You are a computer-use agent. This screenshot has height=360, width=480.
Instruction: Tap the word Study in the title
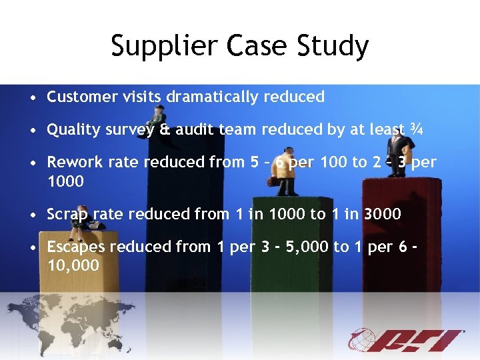pos(335,47)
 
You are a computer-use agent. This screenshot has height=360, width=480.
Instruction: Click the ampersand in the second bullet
pos(165,130)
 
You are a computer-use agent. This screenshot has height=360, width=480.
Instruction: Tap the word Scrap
pos(67,214)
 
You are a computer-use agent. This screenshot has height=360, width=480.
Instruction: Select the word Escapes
pos(75,247)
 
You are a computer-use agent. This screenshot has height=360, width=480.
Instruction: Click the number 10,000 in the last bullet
pos(73,265)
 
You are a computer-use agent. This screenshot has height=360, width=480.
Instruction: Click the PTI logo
pos(407,340)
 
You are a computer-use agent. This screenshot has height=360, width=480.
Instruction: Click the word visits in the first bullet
pos(141,97)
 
